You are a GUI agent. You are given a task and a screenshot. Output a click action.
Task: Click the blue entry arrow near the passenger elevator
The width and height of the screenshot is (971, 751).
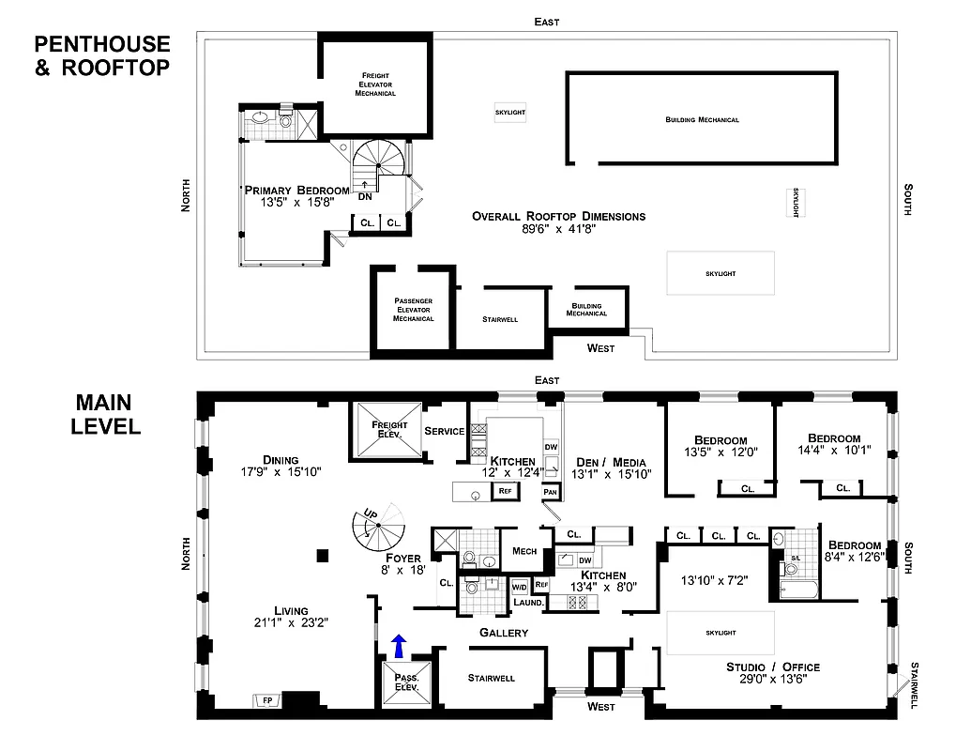point(400,646)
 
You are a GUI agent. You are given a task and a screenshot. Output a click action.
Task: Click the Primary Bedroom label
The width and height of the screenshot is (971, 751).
point(297,190)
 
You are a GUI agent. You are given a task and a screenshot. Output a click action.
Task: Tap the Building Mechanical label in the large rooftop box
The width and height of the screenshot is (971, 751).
point(702,120)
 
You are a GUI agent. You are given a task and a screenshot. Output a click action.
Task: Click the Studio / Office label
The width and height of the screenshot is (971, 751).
point(773,667)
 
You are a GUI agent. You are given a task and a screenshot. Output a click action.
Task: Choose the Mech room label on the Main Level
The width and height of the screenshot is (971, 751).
point(524,551)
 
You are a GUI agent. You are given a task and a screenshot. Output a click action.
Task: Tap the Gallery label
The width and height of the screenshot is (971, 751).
point(503,633)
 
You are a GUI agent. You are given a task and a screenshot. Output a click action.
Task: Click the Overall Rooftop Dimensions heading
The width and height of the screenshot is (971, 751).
point(558,216)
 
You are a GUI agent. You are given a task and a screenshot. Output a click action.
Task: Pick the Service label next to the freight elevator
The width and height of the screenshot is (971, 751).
point(445,431)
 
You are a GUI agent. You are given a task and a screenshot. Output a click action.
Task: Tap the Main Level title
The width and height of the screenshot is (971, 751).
point(107,415)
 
